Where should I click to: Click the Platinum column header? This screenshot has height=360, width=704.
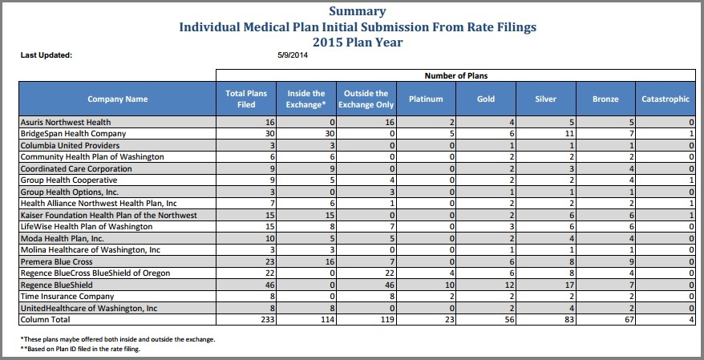pos(426,99)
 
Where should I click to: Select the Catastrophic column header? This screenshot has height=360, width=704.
pos(666,99)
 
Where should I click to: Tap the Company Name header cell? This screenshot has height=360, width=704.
pos(118,99)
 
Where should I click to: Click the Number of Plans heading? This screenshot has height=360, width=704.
pos(455,76)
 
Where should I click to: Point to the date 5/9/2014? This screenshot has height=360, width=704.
pos(293,55)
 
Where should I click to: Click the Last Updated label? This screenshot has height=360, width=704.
pos(47,55)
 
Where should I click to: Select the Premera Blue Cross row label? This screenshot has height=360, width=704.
pos(57,261)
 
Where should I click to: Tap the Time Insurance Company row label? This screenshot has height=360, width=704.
pos(67,297)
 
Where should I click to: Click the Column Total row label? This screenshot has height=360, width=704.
pos(46,320)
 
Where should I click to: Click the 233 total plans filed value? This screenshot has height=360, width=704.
pos(269,320)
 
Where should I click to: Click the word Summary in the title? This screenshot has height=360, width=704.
pos(358,11)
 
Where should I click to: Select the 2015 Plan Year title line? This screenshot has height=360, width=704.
pos(358,42)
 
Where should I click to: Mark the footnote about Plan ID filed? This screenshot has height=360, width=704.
pos(80,349)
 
